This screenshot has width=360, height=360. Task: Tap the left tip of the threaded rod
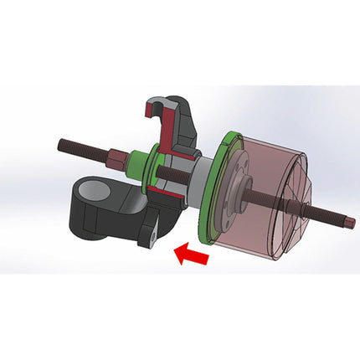60,142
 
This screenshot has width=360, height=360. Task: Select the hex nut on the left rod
114,157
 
